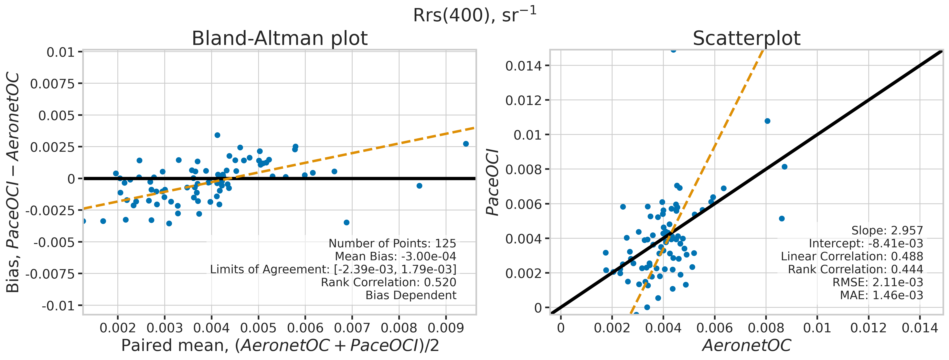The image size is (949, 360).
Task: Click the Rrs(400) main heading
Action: click(x=474, y=16)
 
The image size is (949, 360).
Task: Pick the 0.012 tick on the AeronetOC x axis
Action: click(x=868, y=328)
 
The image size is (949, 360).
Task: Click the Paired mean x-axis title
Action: click(x=280, y=346)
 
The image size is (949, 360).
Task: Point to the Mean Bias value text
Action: click(x=395, y=257)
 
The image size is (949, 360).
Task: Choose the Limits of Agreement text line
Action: click(x=333, y=269)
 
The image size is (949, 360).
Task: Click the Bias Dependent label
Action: click(x=411, y=295)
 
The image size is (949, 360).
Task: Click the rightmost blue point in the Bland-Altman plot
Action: click(x=466, y=144)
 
